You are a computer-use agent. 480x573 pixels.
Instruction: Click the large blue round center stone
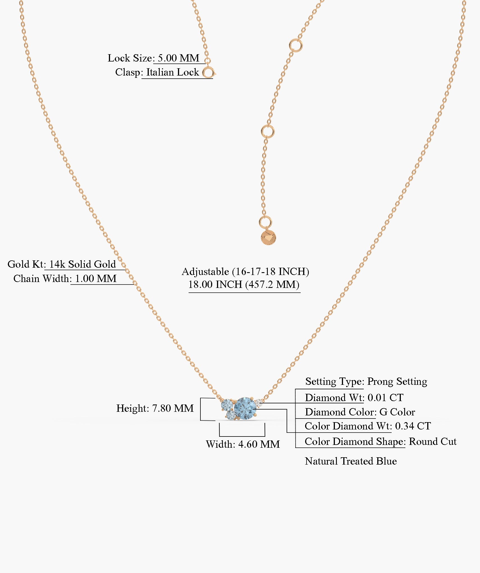[245, 408]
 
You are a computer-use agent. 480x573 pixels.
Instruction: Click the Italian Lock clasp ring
[208, 73]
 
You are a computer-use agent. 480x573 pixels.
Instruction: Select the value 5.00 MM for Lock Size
[179, 58]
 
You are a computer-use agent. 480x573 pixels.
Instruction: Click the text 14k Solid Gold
[83, 264]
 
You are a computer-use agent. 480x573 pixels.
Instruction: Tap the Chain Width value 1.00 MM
[96, 279]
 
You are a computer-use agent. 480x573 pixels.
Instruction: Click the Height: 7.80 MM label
[155, 408]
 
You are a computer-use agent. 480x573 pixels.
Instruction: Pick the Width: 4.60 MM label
[243, 444]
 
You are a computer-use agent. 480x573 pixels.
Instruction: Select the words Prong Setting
[397, 381]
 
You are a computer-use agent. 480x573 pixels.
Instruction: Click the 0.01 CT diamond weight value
[385, 397]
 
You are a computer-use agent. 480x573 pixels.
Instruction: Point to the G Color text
[397, 412]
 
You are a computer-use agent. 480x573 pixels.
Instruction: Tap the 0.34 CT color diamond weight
[413, 426]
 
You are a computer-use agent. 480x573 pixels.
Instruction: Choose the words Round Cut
[433, 441]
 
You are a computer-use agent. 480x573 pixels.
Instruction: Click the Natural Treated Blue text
[351, 461]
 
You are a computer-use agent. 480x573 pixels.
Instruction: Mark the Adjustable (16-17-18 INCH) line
[245, 272]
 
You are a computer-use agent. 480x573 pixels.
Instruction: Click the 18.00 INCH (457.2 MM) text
[244, 285]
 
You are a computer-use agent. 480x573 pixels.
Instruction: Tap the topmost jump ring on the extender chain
[296, 45]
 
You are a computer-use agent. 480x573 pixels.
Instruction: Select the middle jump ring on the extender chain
[268, 131]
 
